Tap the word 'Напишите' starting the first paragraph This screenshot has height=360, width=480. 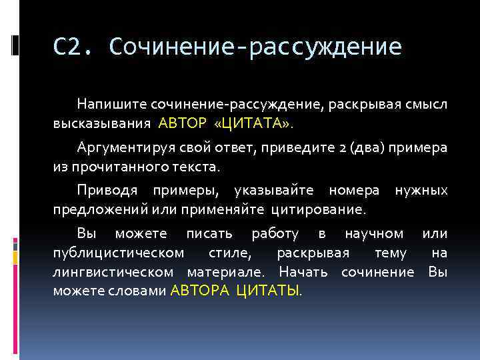[x=111, y=104]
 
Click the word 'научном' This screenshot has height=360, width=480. [x=374, y=234]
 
